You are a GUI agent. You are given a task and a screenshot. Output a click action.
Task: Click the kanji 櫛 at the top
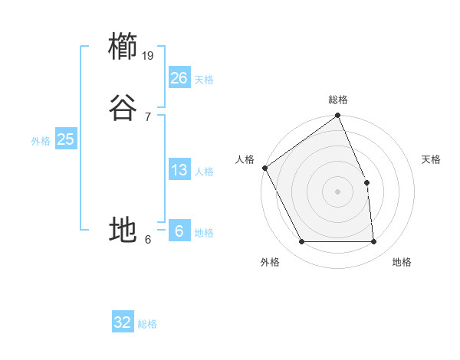[x=123, y=46]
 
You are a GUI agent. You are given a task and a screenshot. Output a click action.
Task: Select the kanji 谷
[x=123, y=108]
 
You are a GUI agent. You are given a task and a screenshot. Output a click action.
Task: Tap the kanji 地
[x=123, y=229]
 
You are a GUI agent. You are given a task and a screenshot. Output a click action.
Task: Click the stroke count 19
[x=149, y=55]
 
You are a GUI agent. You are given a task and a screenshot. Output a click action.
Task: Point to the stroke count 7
[x=148, y=116]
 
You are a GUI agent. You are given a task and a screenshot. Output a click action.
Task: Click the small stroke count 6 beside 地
[x=148, y=238]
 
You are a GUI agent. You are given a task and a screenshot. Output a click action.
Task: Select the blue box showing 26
[x=179, y=78]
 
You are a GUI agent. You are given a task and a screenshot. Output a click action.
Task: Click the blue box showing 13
[x=179, y=170]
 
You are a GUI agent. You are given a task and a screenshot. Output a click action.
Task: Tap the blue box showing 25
[x=65, y=139]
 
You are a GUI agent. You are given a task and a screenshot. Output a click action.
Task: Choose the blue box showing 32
[x=123, y=322]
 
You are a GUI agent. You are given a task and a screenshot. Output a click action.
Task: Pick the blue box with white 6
[x=179, y=231]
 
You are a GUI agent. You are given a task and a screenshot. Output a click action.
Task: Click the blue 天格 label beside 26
[x=204, y=80]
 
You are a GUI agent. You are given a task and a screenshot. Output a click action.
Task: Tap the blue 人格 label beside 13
[x=204, y=172]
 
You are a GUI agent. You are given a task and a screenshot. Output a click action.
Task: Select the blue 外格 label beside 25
[x=41, y=141]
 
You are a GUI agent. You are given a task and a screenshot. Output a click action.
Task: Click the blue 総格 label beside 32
[x=147, y=324]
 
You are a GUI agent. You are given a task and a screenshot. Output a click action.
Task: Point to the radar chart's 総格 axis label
[x=337, y=100]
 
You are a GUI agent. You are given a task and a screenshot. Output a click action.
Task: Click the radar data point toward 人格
[x=264, y=168]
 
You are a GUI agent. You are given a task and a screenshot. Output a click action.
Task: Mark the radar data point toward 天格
[x=366, y=182]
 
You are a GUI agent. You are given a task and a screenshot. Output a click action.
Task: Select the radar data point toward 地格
[x=373, y=242]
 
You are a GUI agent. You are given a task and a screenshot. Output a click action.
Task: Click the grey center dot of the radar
[x=337, y=191]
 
